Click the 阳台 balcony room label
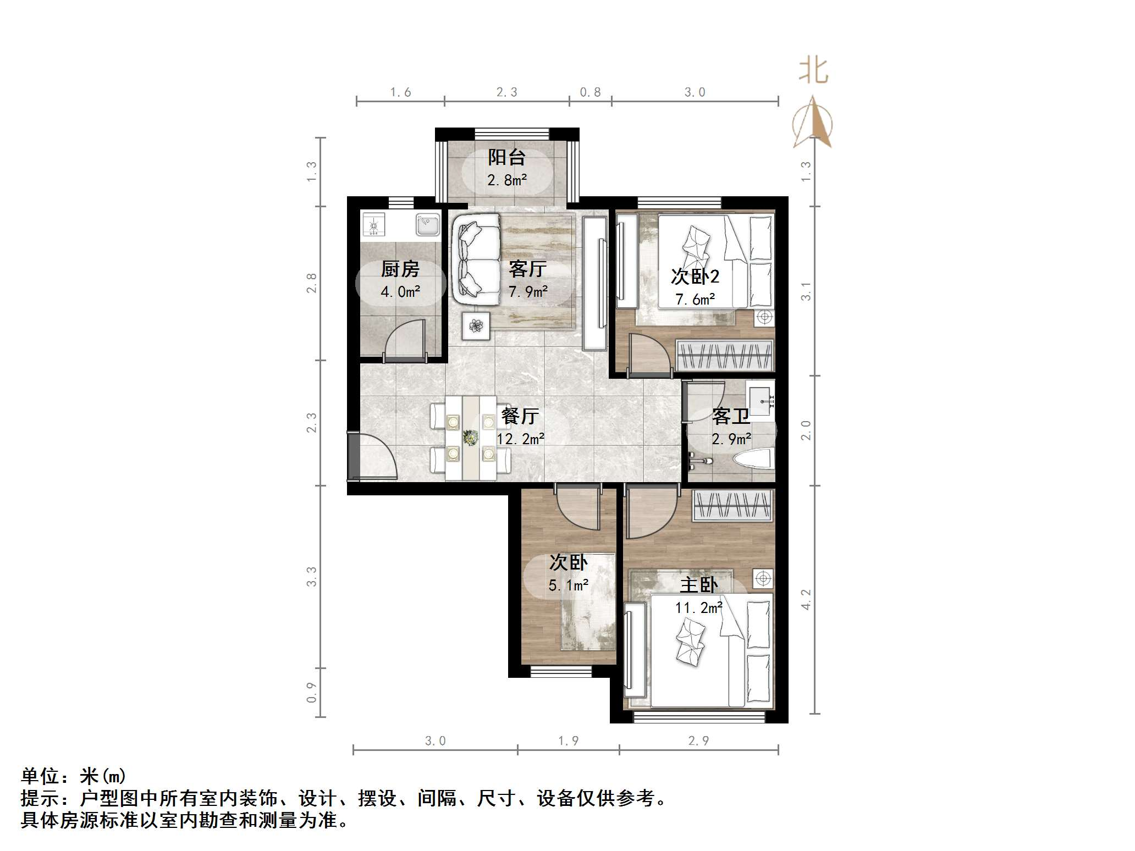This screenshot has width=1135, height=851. pos(506,158)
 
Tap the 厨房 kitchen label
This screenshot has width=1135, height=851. pos(400,269)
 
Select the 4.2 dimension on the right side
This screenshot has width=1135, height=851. pos(806,599)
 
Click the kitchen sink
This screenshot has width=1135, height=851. pos(427,224)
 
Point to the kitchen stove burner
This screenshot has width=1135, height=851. pos(374,225)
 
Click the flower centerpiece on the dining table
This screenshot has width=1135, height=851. pos(470,438)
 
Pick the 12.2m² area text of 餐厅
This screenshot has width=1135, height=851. pos(520,439)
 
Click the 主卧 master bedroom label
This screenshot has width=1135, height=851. pos(698,584)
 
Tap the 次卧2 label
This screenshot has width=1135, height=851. pos(695,276)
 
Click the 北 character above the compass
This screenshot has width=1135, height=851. pos(813,71)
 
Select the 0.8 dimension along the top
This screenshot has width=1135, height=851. pos(590,92)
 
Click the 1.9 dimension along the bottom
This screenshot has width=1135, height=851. pos(568,741)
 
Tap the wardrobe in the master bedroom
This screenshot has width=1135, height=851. pos(732,505)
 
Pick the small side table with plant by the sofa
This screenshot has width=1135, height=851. pos(476,325)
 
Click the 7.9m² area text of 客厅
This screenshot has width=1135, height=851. pos(528,291)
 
